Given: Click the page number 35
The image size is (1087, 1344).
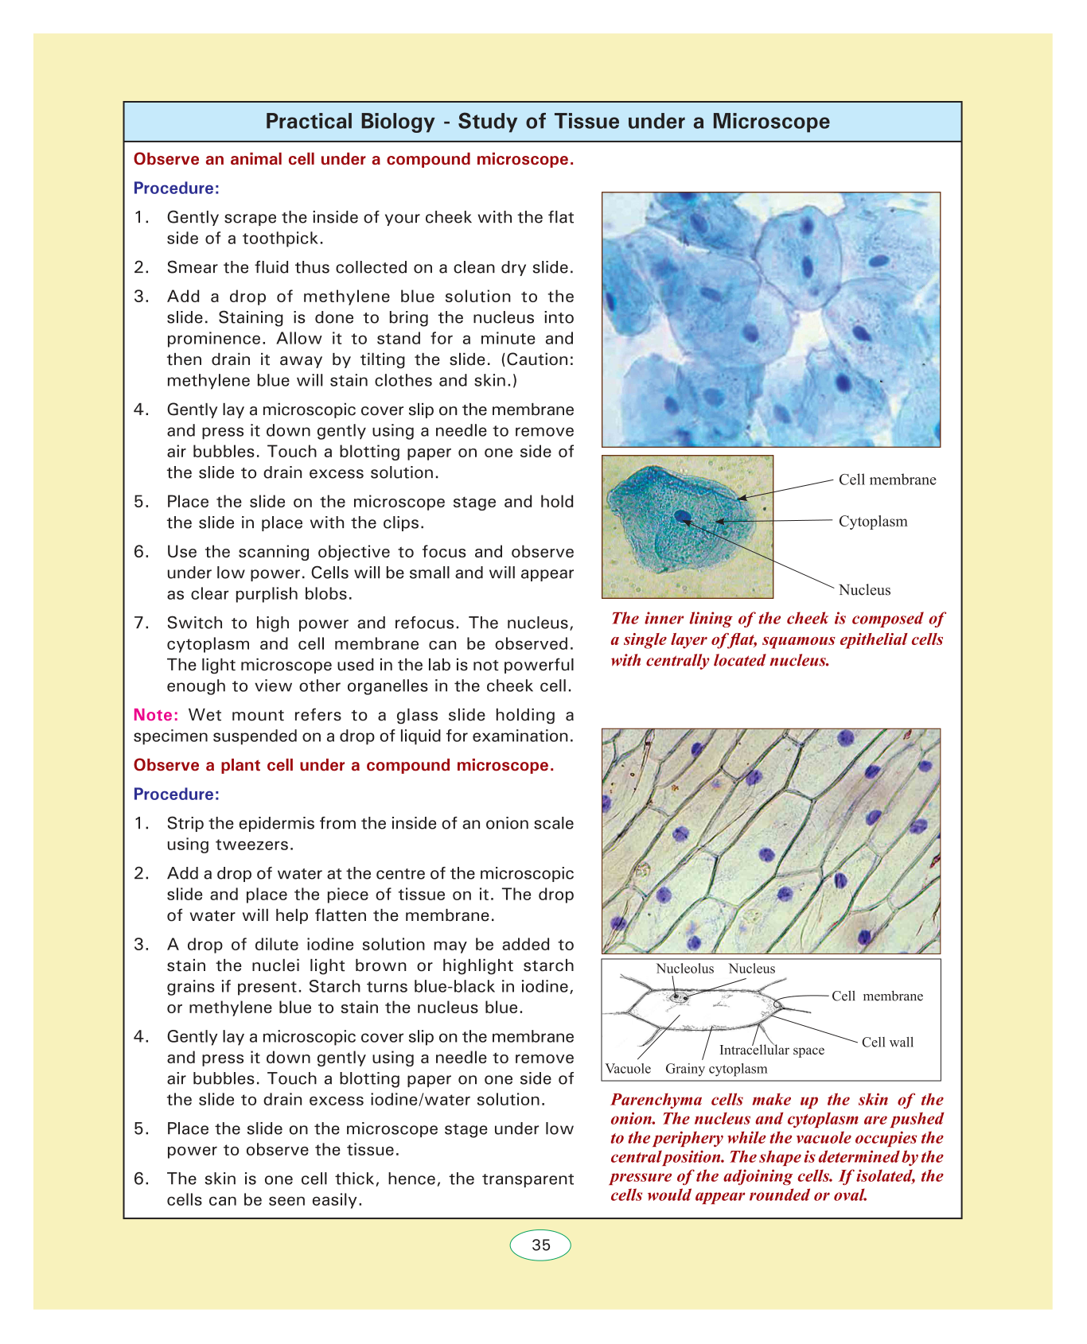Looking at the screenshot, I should click(541, 1245).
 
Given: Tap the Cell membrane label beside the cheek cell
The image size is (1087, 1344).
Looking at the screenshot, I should click(887, 480).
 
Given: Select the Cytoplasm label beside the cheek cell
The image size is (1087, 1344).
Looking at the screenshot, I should click(873, 522).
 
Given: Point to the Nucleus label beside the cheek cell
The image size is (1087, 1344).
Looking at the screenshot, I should click(864, 590).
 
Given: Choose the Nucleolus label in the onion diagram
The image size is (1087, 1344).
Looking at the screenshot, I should click(684, 969).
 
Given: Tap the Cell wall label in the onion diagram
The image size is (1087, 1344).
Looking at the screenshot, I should click(887, 1042).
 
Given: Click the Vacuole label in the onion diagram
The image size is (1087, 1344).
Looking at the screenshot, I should click(628, 1069).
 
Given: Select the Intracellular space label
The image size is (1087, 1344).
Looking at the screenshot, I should click(771, 1050).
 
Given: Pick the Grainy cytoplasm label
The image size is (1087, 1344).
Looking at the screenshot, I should click(716, 1069).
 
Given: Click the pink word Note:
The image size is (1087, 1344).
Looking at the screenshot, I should click(156, 715).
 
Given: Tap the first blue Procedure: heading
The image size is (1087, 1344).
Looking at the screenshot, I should click(176, 188).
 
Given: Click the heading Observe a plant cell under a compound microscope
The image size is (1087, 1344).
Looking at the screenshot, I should click(343, 765).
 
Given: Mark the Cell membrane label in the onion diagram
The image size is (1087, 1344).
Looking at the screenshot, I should click(877, 996).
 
